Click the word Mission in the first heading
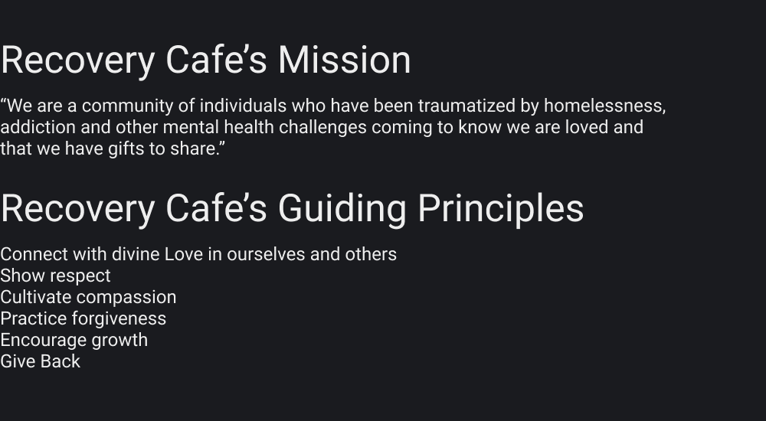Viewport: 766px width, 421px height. pos(344,60)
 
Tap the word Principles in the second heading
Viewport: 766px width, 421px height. pos(500,208)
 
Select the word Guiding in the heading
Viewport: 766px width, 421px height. pos(342,208)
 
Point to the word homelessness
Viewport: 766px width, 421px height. pos(604,106)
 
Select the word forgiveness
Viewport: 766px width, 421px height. pos(119,318)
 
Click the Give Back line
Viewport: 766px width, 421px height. pos(40,361)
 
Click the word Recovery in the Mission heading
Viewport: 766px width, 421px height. pos(77,60)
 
